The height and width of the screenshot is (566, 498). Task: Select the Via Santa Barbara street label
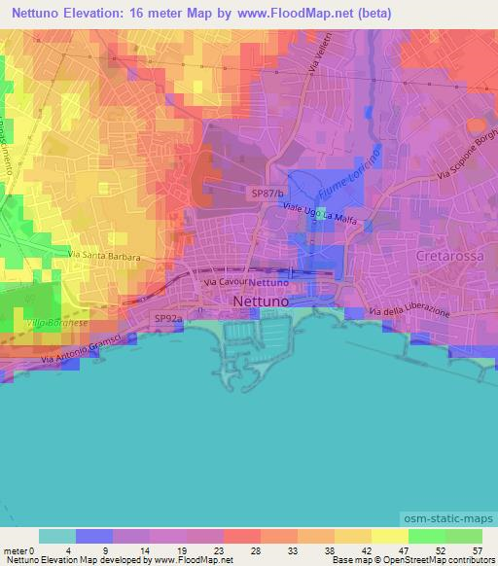(x=104, y=258)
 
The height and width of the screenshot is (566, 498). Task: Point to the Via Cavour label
(x=225, y=281)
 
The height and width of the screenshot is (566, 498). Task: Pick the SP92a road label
(x=167, y=317)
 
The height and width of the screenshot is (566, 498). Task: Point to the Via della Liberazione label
(x=409, y=311)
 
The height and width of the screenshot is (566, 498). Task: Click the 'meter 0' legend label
(x=19, y=550)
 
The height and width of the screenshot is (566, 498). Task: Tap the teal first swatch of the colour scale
(x=56, y=536)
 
